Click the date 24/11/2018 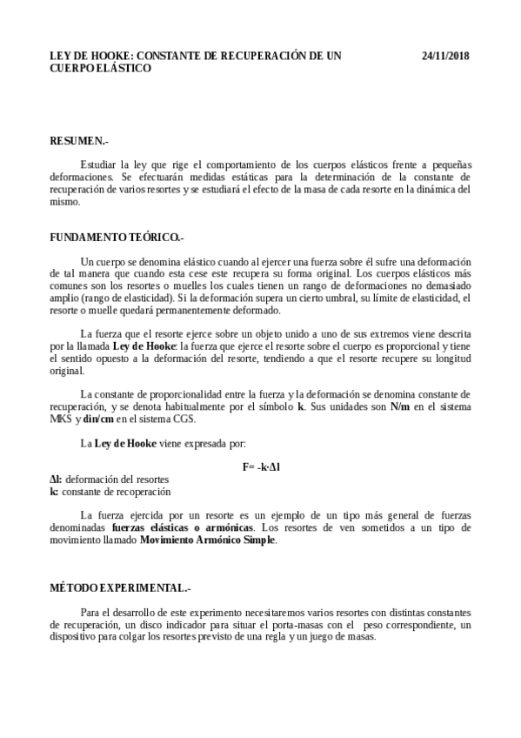[445, 56]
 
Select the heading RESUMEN [79, 140]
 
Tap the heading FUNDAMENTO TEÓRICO [117, 237]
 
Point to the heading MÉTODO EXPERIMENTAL [120, 588]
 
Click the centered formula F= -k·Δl [261, 467]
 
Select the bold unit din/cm [100, 419]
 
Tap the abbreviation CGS [181, 419]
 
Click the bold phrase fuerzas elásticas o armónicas [183, 528]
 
